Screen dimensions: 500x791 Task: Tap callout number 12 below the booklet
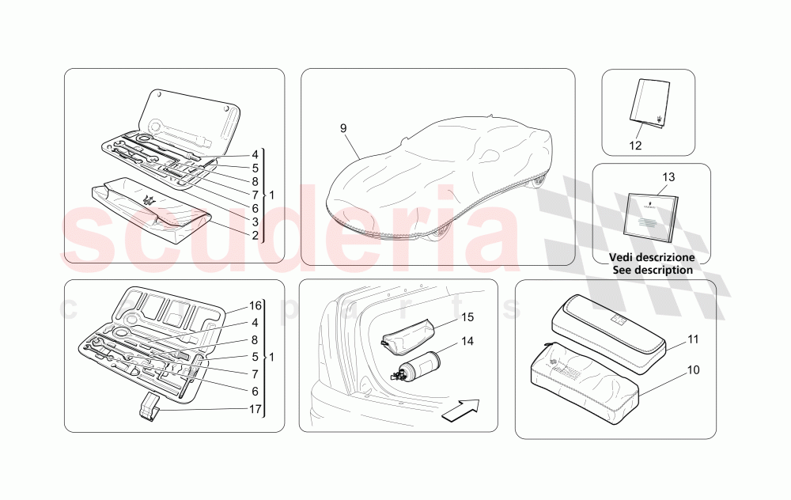coord(635,145)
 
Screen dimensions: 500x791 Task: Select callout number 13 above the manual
coord(668,177)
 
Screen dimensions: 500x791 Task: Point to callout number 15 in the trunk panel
coord(467,318)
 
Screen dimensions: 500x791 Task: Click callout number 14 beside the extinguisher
coord(467,343)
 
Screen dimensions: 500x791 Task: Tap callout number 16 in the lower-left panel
coord(255,305)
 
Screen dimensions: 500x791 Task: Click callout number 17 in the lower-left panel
coord(255,409)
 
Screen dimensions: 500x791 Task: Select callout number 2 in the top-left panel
coord(255,236)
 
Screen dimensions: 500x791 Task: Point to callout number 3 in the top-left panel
coord(255,222)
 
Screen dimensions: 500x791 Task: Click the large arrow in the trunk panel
coord(460,411)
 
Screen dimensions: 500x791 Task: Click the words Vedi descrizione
coord(651,257)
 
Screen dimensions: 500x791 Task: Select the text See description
coord(652,270)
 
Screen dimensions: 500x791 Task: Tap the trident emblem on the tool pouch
coord(149,201)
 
